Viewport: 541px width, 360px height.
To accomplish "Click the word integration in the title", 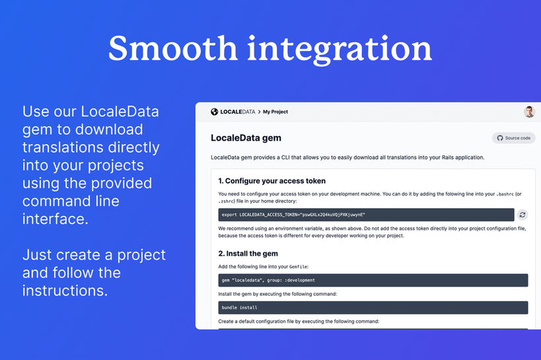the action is click(x=340, y=50).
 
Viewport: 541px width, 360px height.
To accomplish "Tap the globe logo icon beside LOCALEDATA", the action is click(x=214, y=112).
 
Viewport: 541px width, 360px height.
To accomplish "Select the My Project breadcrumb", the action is click(x=275, y=112).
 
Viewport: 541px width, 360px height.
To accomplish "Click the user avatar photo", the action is click(x=529, y=112).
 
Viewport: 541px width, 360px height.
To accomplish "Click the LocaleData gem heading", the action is click(x=246, y=138).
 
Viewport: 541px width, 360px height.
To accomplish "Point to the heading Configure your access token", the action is click(x=272, y=181).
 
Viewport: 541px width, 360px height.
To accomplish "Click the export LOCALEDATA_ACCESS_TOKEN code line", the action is click(x=293, y=215).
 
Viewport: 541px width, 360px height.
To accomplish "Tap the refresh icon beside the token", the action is click(x=523, y=215).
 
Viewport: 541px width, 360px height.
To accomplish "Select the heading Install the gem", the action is click(x=248, y=254).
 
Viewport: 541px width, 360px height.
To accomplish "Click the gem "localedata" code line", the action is click(x=268, y=280).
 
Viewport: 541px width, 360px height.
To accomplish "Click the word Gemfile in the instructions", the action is click(x=298, y=267).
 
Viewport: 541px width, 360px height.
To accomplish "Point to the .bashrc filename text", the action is click(x=505, y=194).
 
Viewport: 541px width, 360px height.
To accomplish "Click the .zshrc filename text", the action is click(x=227, y=201).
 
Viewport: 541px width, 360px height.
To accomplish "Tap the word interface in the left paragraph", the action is click(x=55, y=219).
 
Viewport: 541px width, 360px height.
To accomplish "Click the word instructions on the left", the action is click(x=65, y=291).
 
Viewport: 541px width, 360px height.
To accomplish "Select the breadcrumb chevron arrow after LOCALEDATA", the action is click(x=259, y=112).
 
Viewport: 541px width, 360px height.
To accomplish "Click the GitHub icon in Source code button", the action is click(x=500, y=138).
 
